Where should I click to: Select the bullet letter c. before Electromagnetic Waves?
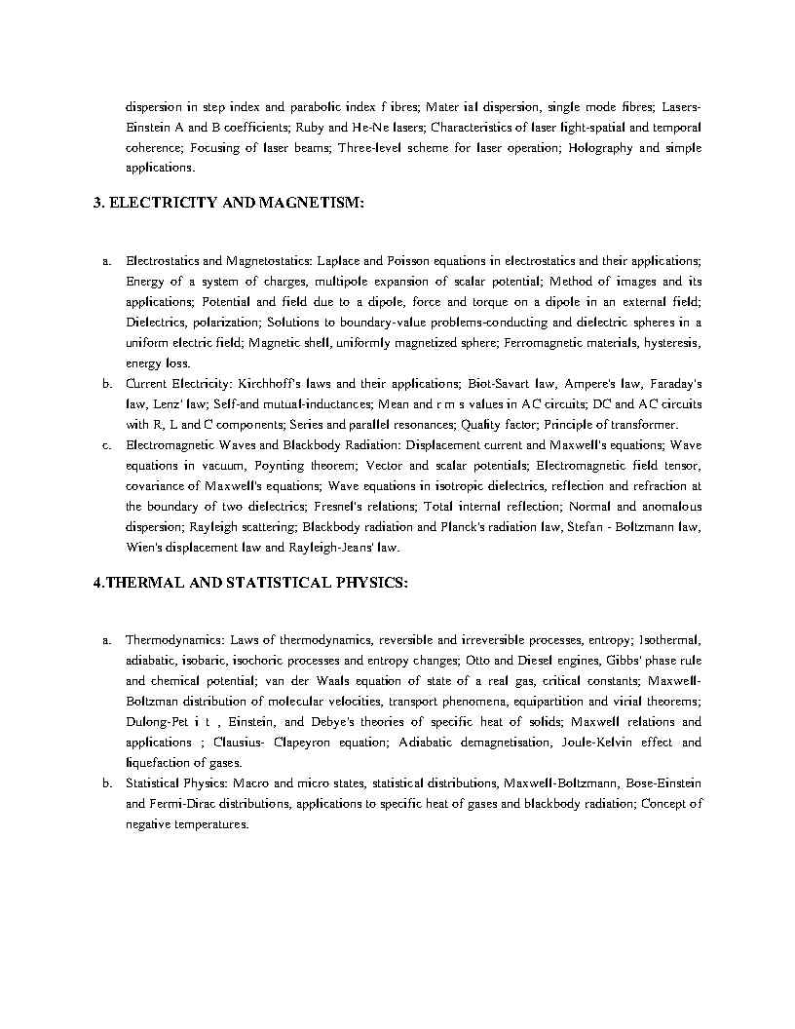tap(105, 445)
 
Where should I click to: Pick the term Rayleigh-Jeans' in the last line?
tap(333, 548)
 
